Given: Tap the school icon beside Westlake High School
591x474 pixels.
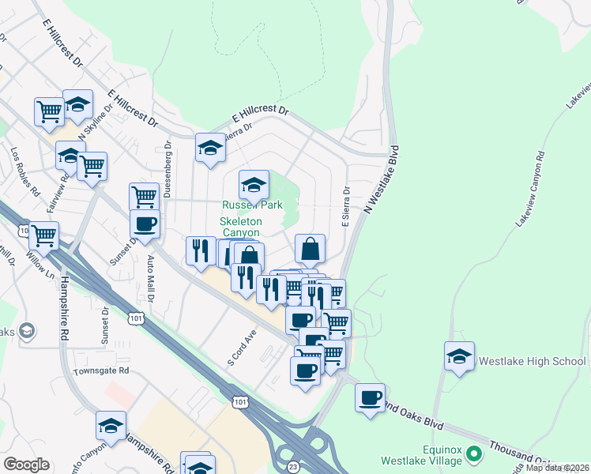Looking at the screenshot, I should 459,356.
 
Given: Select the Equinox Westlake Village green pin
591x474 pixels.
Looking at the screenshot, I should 474,453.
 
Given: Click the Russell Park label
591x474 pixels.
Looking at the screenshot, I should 252,204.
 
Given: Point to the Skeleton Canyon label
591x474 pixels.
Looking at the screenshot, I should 241,227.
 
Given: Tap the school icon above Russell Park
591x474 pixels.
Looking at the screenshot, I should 253,185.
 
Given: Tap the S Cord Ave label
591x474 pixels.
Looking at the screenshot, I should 243,348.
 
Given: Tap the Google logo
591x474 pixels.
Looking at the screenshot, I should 26,465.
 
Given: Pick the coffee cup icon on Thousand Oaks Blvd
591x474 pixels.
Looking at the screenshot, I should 370,397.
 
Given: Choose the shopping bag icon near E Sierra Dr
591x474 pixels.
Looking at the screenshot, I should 311,249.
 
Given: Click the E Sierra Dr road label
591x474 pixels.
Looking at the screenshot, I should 345,206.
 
